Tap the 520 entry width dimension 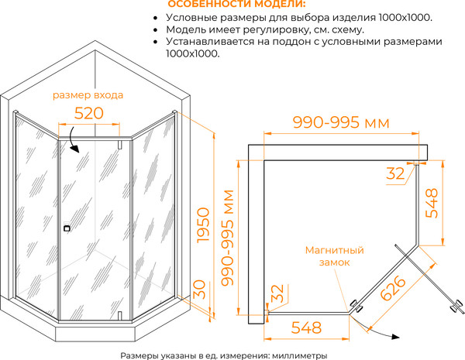click(x=88, y=113)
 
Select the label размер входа click(x=88, y=95)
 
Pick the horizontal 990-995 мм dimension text click(x=340, y=123)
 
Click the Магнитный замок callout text click(x=334, y=256)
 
